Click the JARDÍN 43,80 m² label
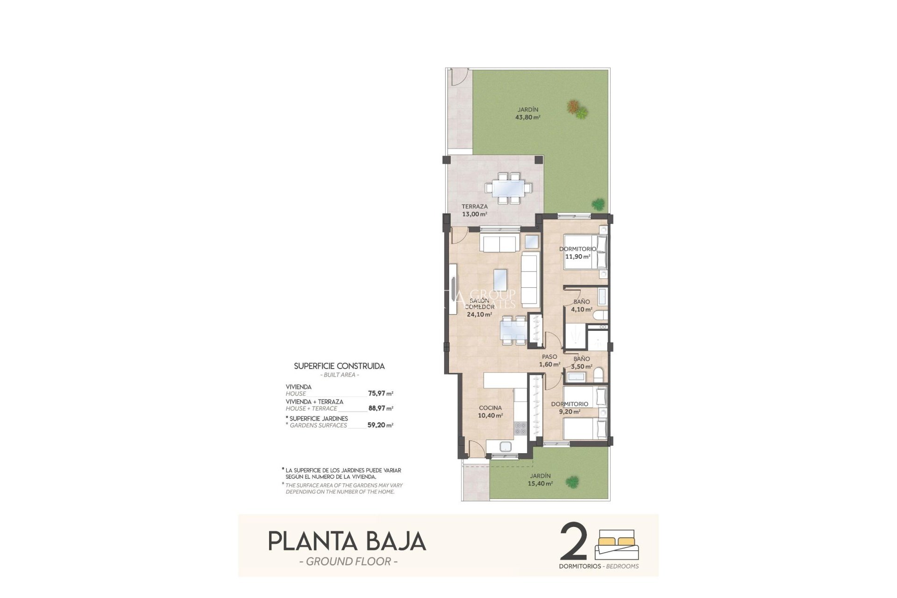pyautogui.click(x=527, y=114)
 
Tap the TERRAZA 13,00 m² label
pyautogui.click(x=474, y=210)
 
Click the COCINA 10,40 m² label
pyautogui.click(x=490, y=412)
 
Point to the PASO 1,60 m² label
pyautogui.click(x=549, y=361)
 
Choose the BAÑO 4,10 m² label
pyautogui.click(x=582, y=306)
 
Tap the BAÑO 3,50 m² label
pyautogui.click(x=582, y=363)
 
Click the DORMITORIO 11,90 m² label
pyautogui.click(x=577, y=253)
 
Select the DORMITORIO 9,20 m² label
pyautogui.click(x=569, y=408)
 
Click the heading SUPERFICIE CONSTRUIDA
pyautogui.click(x=339, y=366)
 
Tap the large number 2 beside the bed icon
pyautogui.click(x=573, y=542)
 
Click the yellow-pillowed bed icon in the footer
pyautogui.click(x=616, y=544)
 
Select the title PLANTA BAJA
pyautogui.click(x=347, y=541)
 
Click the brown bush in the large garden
pyautogui.click(x=573, y=107)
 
